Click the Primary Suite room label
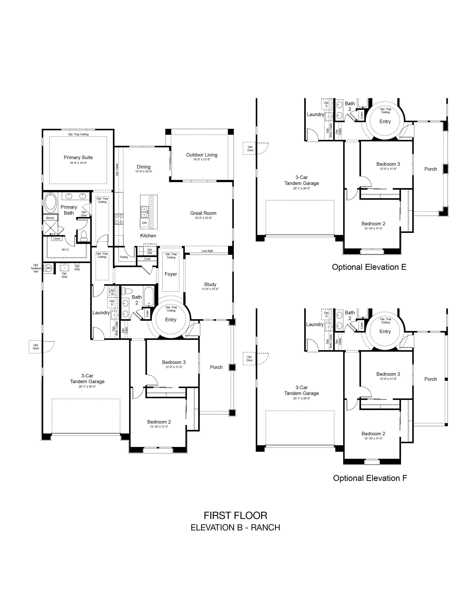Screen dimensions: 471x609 (78, 158)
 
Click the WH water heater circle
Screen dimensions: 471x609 (49, 268)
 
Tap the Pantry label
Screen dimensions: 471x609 (124, 257)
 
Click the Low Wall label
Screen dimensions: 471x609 (207, 251)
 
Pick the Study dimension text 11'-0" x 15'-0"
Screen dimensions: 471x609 (210, 289)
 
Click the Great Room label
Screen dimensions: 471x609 (203, 213)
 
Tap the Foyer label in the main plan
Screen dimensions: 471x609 (171, 274)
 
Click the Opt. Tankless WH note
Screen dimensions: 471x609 (36, 268)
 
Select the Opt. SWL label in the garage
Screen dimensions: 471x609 (77, 268)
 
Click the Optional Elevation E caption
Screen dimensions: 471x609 (369, 267)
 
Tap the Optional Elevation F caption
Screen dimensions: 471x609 (370, 478)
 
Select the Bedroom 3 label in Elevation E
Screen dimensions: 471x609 (388, 164)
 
